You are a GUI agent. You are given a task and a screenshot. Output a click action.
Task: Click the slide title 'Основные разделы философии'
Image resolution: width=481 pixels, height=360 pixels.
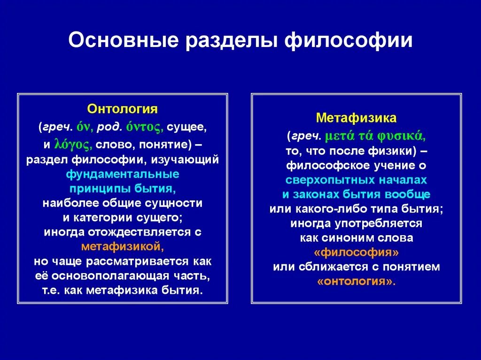(240, 40)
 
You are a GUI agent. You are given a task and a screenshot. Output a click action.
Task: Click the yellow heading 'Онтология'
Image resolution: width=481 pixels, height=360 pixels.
(122, 109)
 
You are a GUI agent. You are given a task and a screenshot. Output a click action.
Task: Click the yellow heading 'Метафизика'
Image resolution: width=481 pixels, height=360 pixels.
(356, 117)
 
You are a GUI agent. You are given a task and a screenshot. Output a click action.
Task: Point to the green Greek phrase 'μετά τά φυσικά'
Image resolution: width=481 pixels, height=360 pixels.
(375, 136)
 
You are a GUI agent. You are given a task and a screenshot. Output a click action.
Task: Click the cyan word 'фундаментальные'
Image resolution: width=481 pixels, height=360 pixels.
(122, 174)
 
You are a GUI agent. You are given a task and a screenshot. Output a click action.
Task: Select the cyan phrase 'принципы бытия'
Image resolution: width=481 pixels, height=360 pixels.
(122, 189)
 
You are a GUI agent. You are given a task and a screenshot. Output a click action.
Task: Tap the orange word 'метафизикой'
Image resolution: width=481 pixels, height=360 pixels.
(122, 246)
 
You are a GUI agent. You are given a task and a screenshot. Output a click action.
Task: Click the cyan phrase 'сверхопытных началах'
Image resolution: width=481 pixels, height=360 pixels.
(356, 180)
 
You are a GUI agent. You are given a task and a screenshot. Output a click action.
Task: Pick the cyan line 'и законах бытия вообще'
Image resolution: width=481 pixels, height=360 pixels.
(356, 194)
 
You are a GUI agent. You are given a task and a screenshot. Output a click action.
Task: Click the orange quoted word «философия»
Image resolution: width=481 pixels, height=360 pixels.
(356, 253)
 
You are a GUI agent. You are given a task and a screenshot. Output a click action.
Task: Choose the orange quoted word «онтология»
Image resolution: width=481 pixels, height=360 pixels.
(356, 282)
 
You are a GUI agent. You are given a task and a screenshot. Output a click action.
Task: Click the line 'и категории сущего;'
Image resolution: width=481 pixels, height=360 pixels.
(122, 217)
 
